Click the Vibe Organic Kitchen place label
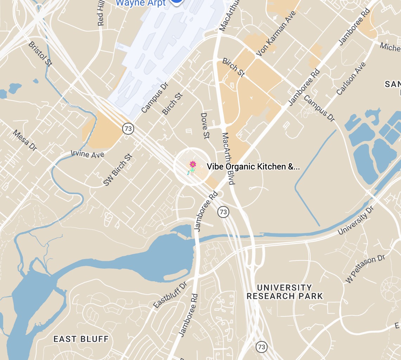(253, 167)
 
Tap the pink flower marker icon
(192, 165)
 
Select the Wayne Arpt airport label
(140, 3)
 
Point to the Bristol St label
(40, 53)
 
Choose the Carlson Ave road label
(351, 79)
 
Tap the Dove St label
(205, 126)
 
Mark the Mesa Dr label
(25, 140)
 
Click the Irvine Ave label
(87, 154)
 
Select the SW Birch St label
(118, 170)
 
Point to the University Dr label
(356, 220)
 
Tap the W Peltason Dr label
(365, 269)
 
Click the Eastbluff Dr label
(170, 295)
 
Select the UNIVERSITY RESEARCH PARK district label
(284, 292)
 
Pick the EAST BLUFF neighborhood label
(81, 339)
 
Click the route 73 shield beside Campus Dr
(128, 129)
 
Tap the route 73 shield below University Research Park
(261, 347)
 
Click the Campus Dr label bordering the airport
(155, 98)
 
